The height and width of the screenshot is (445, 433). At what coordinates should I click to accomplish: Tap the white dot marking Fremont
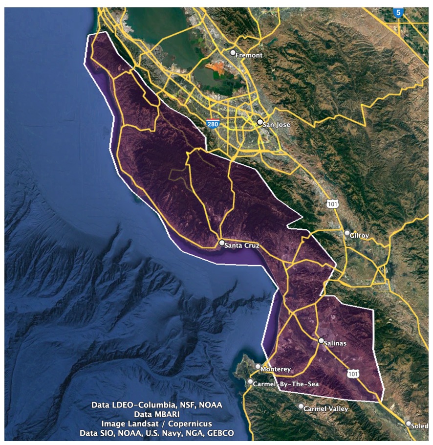click(233, 52)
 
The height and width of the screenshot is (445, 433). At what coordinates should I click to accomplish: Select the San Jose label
click(276, 125)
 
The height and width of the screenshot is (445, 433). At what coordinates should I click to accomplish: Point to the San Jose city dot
click(260, 122)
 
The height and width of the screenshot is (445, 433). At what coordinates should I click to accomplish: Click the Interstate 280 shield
click(212, 124)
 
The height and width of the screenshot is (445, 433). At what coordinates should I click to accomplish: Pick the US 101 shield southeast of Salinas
click(353, 374)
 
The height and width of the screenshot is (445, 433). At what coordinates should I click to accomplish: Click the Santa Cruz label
click(242, 245)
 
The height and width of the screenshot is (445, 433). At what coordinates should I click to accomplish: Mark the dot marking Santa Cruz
click(222, 243)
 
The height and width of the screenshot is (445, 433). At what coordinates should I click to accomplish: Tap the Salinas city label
click(335, 343)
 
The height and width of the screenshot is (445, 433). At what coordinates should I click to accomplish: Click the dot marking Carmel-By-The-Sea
click(251, 381)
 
